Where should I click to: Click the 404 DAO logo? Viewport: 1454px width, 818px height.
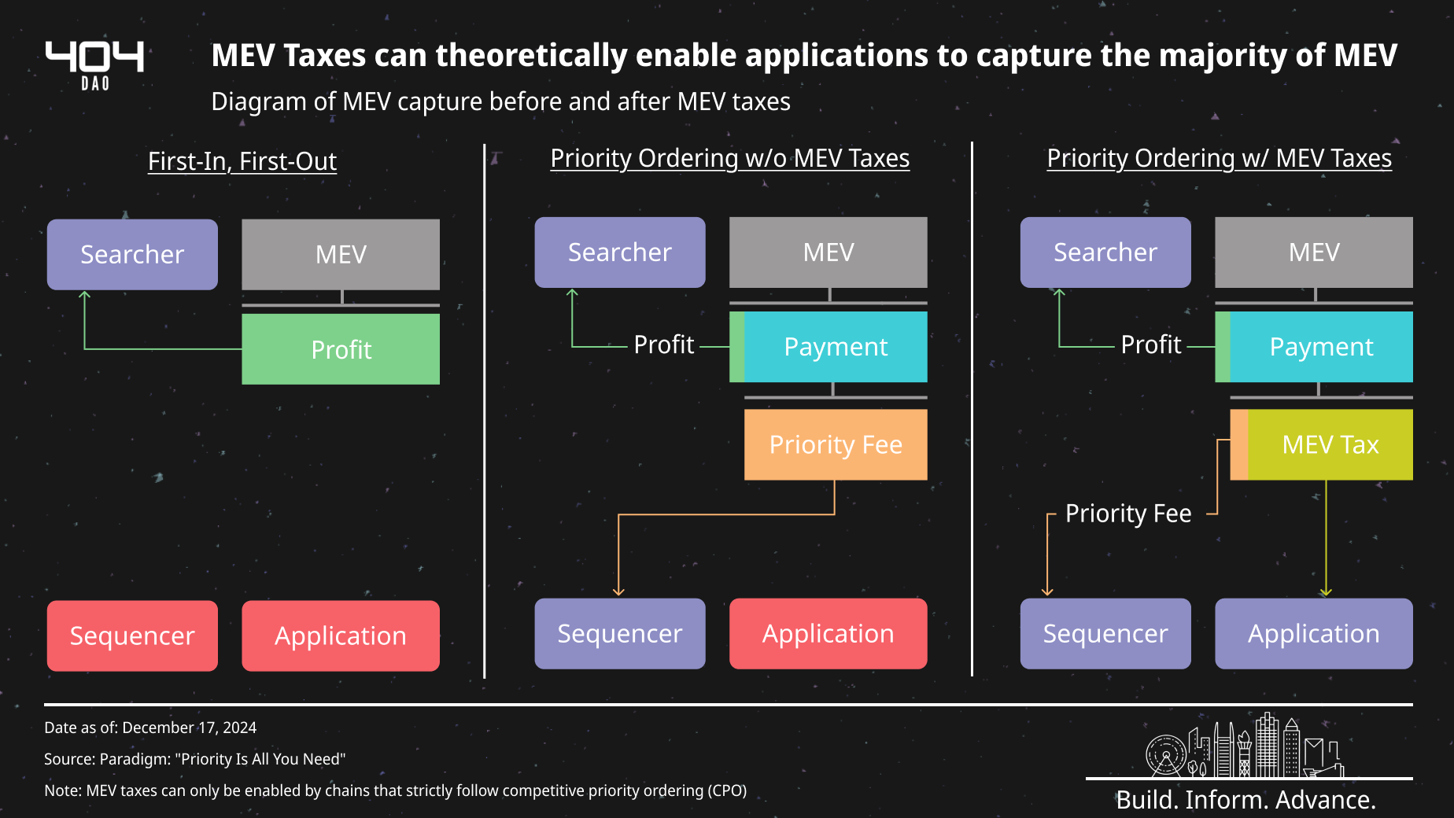pos(95,65)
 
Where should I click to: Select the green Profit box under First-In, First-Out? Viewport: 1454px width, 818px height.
pos(341,349)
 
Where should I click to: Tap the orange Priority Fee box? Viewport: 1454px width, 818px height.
pos(836,444)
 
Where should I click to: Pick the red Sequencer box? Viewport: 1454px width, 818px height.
pos(132,636)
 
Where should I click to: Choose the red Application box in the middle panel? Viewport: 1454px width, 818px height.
pos(828,633)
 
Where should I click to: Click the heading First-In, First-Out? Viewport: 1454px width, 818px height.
pos(242,161)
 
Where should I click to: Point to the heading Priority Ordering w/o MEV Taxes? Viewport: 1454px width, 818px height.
pos(730,158)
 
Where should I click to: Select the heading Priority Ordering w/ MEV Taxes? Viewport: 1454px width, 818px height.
pos(1220,158)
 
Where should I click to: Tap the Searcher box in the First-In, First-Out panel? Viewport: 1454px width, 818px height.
pos(132,254)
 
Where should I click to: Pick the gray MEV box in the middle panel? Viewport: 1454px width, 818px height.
pos(828,252)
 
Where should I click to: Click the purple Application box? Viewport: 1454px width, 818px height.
pos(1314,633)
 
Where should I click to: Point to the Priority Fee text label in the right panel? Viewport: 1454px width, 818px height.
pos(1128,514)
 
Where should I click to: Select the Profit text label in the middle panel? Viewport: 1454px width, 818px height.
pos(664,345)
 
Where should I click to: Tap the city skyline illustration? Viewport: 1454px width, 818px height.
pos(1245,745)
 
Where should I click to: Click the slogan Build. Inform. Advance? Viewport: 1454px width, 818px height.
pos(1246,799)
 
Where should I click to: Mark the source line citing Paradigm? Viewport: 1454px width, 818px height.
pos(195,759)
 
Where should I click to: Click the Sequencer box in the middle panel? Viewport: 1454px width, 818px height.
pos(620,633)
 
